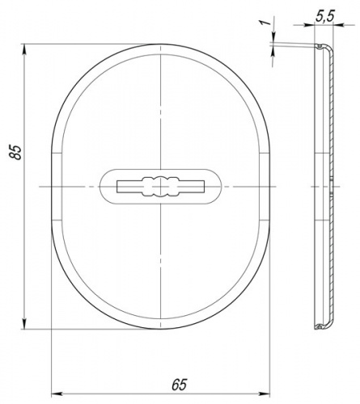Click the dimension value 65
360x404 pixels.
pos(180,385)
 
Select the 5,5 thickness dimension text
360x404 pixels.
pos(324,16)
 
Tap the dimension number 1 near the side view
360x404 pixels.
pos(266,22)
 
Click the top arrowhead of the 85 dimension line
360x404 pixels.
pos(24,49)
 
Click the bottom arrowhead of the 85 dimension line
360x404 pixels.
pos(24,323)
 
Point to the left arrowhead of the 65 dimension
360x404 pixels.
pos(57,394)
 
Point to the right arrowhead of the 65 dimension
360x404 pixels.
pos(265,394)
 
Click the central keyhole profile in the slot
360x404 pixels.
pos(161,187)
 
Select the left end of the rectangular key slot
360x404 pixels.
pos(118,187)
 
